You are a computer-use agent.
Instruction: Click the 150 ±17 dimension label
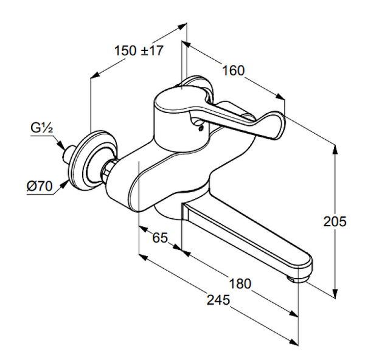[138, 50]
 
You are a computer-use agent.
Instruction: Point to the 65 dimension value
[160, 238]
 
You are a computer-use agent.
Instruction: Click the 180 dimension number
[240, 283]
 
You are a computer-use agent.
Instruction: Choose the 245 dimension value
[217, 300]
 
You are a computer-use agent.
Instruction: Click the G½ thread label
[43, 128]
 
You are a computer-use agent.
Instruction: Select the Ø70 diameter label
[40, 186]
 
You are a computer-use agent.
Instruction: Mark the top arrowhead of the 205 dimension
[335, 147]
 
